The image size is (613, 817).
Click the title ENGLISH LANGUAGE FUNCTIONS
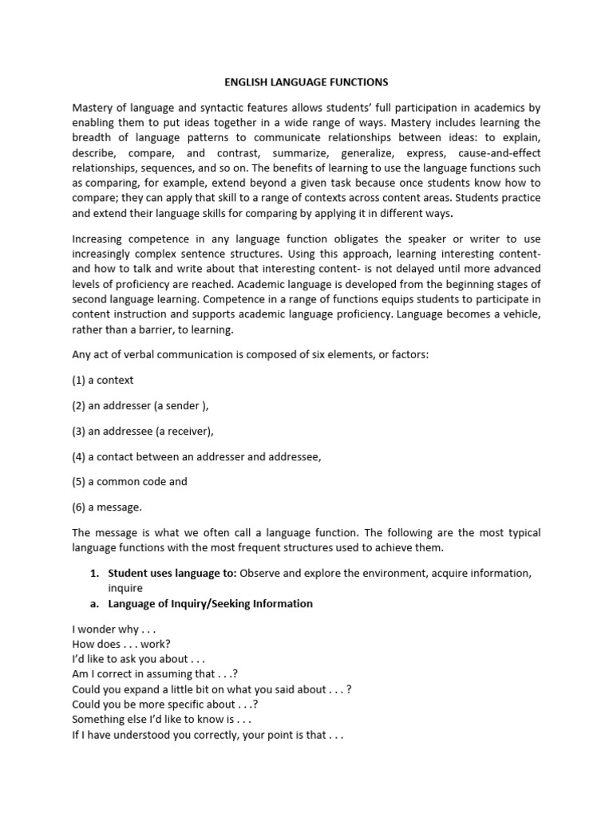pyautogui.click(x=306, y=81)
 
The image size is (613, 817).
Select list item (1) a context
pyautogui.click(x=103, y=380)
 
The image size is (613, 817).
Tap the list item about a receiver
pyautogui.click(x=143, y=431)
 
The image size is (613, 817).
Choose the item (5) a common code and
pyautogui.click(x=129, y=482)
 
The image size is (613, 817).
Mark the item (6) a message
pyautogui.click(x=107, y=507)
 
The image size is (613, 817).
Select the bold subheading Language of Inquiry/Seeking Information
pyautogui.click(x=210, y=603)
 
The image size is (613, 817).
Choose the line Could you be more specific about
pyautogui.click(x=164, y=705)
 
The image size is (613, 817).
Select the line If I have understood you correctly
pyautogui.click(x=207, y=735)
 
